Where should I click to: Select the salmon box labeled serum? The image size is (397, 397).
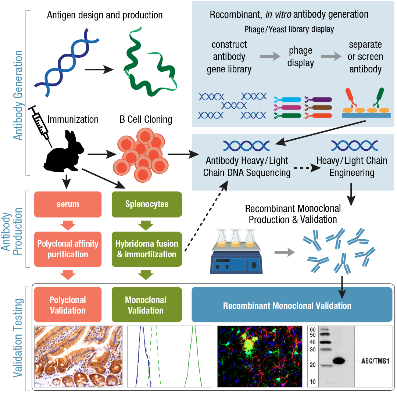[x=68, y=204]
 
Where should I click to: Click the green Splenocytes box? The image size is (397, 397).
[x=146, y=204]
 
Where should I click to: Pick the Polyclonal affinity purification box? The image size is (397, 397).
[x=68, y=249]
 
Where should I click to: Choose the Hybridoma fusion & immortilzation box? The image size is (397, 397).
[x=146, y=249]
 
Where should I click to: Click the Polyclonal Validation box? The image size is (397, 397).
[x=68, y=305]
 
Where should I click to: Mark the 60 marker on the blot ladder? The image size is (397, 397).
[x=313, y=329]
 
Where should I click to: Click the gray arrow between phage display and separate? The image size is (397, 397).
[x=330, y=57]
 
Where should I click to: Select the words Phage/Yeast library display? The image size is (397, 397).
[x=289, y=29]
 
